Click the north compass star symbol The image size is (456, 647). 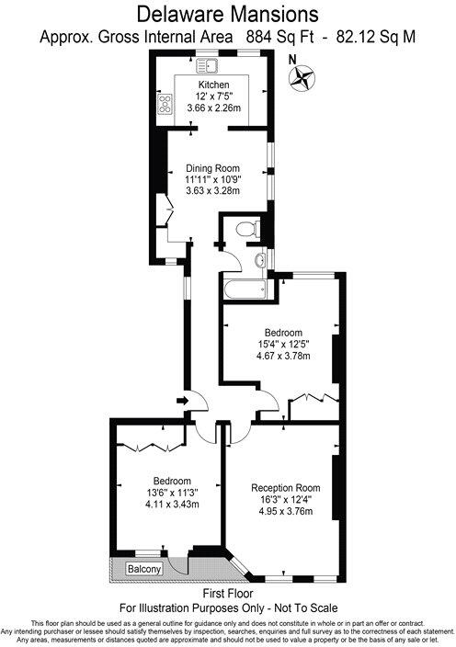(300, 78)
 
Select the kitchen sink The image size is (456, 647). (208, 65)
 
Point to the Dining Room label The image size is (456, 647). (212, 168)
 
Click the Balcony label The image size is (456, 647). (143, 569)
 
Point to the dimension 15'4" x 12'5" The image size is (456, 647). (283, 345)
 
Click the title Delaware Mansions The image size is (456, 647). (228, 14)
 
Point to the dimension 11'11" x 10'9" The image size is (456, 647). (212, 180)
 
